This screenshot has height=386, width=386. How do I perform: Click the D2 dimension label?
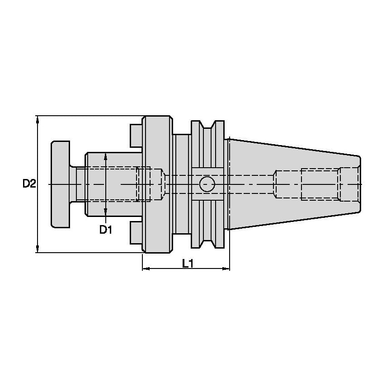[29, 184]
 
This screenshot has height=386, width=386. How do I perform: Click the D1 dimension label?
[106, 230]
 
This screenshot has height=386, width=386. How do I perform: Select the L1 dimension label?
[188, 264]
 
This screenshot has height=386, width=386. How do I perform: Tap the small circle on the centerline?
[207, 184]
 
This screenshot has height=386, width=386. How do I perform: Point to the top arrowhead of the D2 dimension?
[37, 120]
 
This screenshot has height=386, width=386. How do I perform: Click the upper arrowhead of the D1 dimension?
[106, 157]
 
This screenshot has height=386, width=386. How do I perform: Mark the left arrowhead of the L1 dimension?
[146, 268]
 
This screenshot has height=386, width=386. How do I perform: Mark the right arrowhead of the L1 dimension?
[226, 268]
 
